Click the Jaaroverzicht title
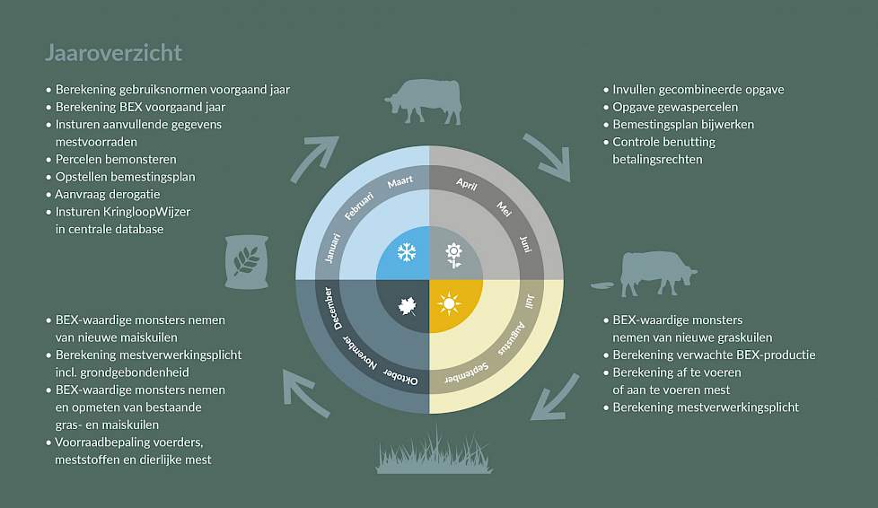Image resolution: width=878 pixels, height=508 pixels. [114, 53]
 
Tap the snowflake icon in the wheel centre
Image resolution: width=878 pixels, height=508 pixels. [407, 252]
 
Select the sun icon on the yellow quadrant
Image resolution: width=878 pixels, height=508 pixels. [449, 303]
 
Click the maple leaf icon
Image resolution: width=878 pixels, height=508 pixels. [407, 306]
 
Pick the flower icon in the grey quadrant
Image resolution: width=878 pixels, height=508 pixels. [453, 256]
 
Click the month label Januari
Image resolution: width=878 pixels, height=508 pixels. [332, 248]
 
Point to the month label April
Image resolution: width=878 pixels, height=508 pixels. [467, 184]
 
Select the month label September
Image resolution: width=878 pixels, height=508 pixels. [467, 374]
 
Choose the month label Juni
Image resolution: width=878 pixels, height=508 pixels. [525, 245]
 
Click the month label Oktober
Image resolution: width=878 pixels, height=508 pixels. [400, 376]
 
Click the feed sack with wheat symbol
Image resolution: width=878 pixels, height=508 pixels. [246, 261]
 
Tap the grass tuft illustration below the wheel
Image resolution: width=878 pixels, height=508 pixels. [434, 451]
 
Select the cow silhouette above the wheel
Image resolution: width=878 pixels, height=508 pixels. [425, 101]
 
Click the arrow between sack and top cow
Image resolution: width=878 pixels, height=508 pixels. [313, 159]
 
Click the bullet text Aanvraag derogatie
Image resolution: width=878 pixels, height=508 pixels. [108, 195]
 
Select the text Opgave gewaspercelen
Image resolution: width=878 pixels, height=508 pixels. [675, 107]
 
